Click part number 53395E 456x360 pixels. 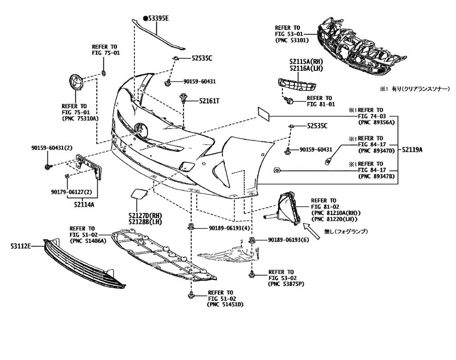(158, 19)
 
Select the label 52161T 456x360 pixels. (209, 101)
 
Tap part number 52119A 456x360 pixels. (412, 150)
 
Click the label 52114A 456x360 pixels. (84, 204)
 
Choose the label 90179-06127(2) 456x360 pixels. (68, 192)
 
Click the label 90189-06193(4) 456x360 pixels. (229, 228)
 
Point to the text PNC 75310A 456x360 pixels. (80, 118)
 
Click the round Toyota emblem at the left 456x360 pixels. (76, 82)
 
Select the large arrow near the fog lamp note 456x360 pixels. (311, 231)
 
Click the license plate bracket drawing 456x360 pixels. (89, 167)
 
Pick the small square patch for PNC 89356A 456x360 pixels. (264, 114)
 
